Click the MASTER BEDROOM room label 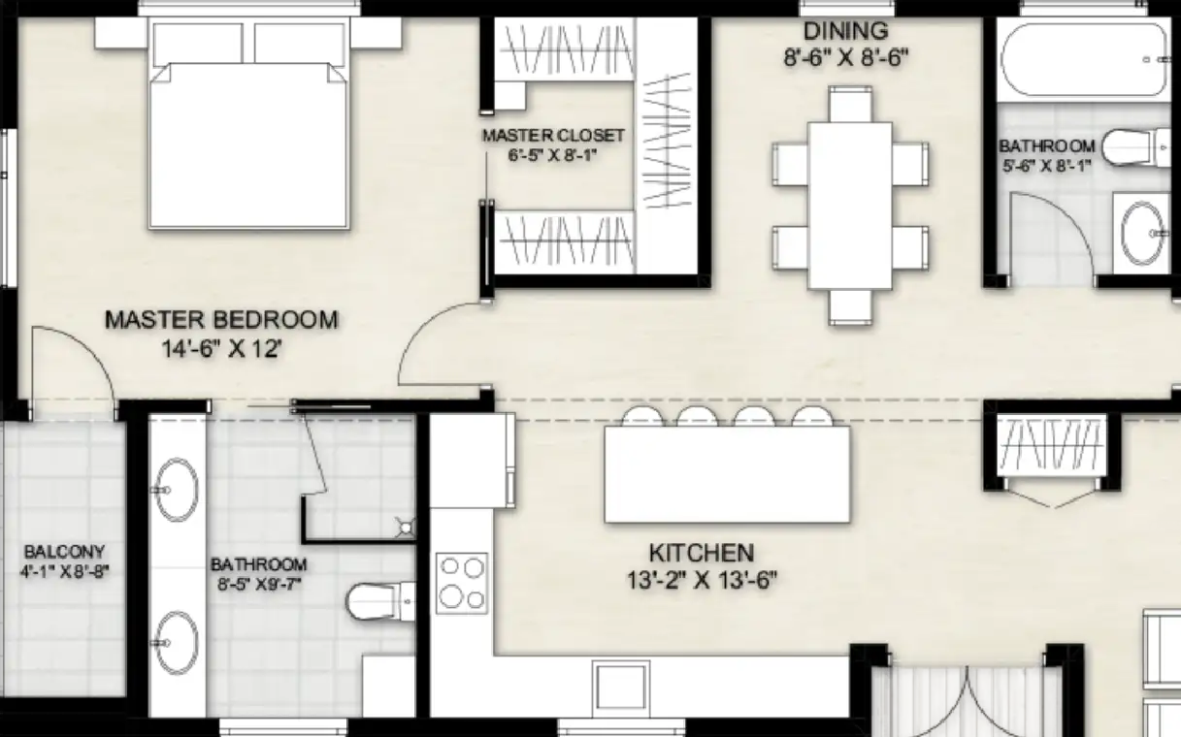tap(221, 320)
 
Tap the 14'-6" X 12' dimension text tap(221, 349)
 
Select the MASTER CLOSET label tap(553, 136)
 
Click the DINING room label tap(845, 31)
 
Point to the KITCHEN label tap(702, 553)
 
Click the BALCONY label tap(64, 552)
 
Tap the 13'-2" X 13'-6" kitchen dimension tap(702, 581)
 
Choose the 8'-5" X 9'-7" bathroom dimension tap(259, 584)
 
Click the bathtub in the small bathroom tap(1084, 60)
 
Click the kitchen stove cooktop tap(461, 583)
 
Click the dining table tap(850, 206)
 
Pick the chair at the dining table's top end tap(850, 105)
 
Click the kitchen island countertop tap(727, 474)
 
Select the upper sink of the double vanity tap(176, 490)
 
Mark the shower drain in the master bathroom tap(406, 527)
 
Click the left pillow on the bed tap(198, 44)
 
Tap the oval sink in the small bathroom tap(1142, 233)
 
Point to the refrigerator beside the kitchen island tap(472, 461)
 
